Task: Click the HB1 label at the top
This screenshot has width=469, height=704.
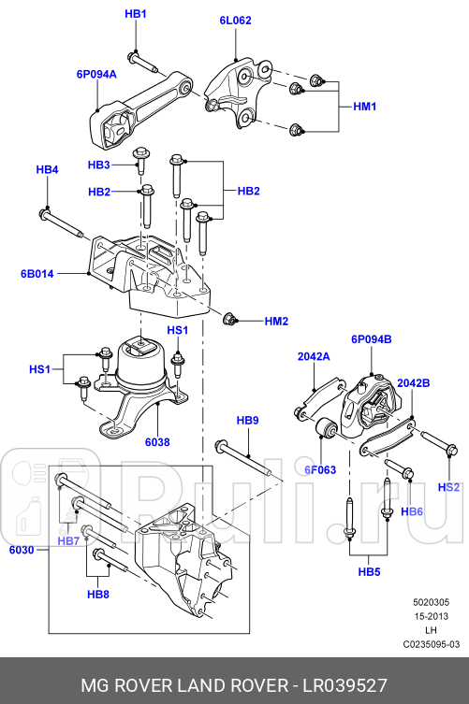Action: [x=136, y=15]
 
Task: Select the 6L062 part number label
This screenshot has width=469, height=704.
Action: [x=235, y=20]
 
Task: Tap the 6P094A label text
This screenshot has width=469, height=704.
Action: [x=96, y=72]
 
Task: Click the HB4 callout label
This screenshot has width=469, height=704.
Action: [x=47, y=169]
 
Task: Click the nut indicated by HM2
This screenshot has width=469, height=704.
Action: [x=229, y=320]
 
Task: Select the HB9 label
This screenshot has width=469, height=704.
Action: [x=247, y=422]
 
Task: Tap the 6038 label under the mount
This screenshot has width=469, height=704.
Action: [x=157, y=442]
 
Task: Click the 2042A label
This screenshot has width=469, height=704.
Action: [x=314, y=356]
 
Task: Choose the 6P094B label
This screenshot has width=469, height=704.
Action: [x=372, y=338]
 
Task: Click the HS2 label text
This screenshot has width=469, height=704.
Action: [x=449, y=487]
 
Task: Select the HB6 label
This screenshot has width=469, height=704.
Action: [x=412, y=511]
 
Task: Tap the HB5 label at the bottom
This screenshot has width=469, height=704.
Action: [x=370, y=570]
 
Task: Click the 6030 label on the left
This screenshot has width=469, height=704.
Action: [x=22, y=551]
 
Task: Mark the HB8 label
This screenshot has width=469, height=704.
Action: [x=98, y=594]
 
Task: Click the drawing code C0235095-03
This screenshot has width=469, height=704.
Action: [x=431, y=645]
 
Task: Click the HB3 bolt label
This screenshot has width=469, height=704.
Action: [x=99, y=165]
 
